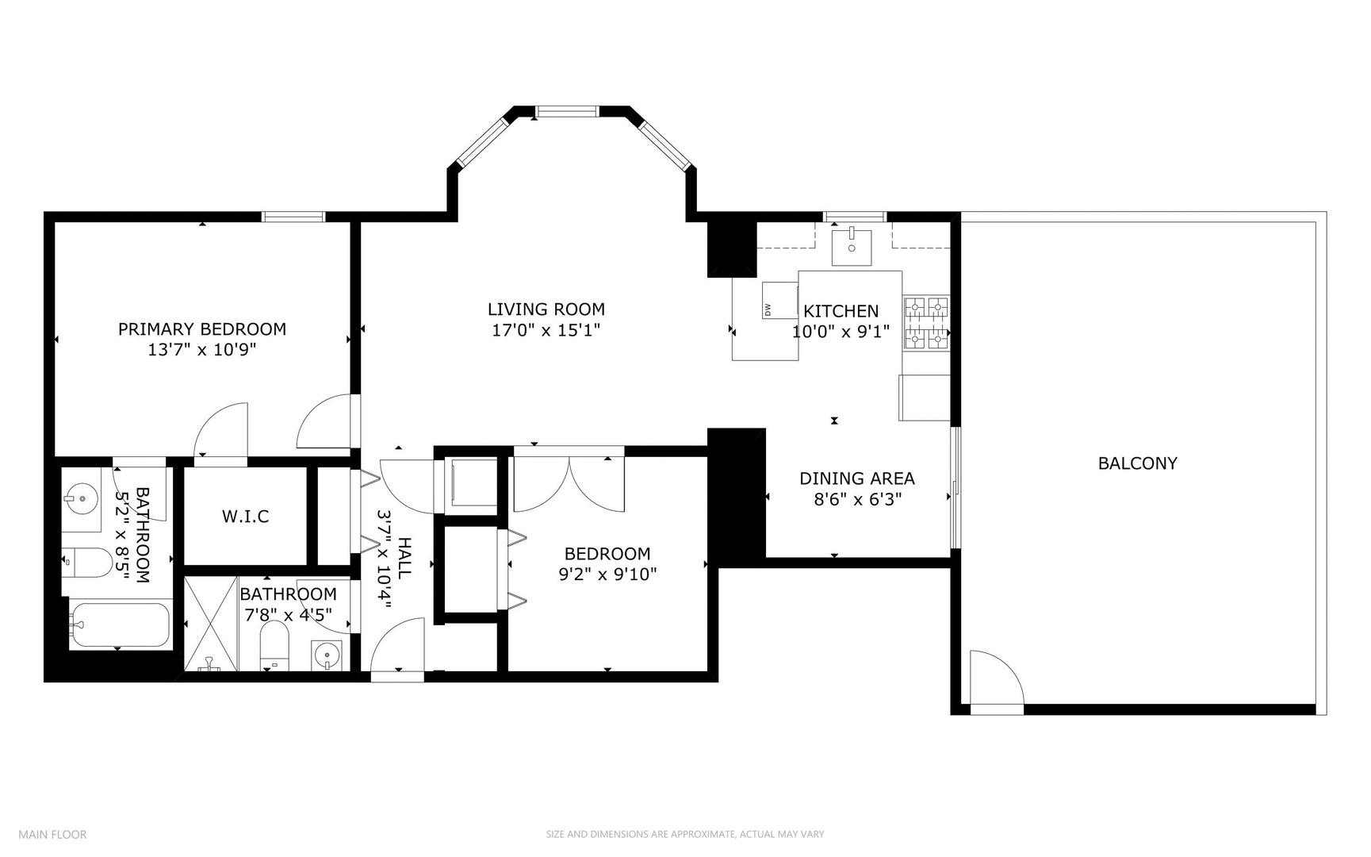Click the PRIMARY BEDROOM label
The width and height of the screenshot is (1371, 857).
202,329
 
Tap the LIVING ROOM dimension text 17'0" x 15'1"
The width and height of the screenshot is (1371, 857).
546,331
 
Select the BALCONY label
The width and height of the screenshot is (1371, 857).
1137,463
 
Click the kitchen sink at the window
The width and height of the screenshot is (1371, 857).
851,247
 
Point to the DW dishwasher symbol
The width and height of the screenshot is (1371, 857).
779,301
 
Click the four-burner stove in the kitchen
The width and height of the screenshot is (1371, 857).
927,323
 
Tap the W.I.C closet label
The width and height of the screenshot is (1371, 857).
245,517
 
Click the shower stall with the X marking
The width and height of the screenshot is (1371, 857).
211,624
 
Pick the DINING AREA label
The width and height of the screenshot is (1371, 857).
856,478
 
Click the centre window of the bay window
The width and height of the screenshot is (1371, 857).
567,112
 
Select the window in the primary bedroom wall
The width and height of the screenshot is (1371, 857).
293,217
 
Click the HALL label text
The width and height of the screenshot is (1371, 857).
404,558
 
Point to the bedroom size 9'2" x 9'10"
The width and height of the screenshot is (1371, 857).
607,575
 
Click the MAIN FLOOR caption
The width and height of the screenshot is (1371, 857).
52,834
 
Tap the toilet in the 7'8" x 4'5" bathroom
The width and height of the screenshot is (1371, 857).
275,644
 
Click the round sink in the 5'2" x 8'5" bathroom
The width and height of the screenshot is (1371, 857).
82,499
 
